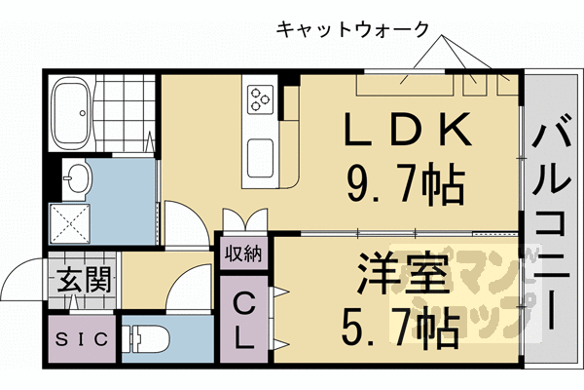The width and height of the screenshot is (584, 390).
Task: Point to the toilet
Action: (149, 339)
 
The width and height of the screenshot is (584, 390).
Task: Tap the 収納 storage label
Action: (243, 254)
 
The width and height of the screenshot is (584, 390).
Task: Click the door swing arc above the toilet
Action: (181, 292)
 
